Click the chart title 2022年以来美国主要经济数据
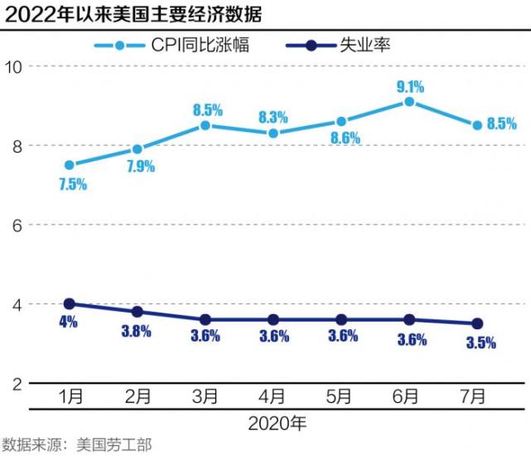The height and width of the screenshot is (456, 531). click(133, 15)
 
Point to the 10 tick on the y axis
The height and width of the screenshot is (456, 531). click(14, 66)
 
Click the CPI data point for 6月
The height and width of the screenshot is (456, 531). click(409, 102)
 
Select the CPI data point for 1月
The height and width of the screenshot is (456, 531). click(69, 165)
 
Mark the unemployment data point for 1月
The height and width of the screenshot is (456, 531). click(69, 304)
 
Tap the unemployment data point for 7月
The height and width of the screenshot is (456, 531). click(477, 323)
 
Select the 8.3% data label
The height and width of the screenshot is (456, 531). click(274, 117)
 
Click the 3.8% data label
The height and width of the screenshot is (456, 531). click(137, 332)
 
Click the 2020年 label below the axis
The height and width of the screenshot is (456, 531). click(278, 423)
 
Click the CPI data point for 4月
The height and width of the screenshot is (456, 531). click(273, 133)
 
